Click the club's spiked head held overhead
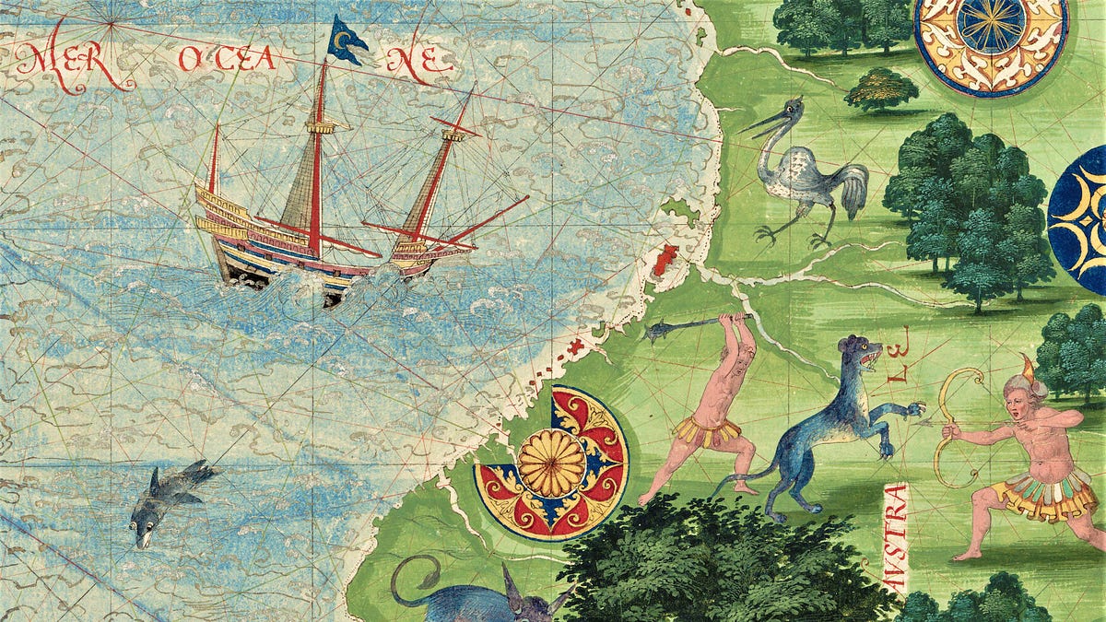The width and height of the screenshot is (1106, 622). coord(661,330)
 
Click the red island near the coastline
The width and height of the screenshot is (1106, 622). coord(665,261)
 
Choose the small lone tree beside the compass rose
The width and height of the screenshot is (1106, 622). coord(881,88)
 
